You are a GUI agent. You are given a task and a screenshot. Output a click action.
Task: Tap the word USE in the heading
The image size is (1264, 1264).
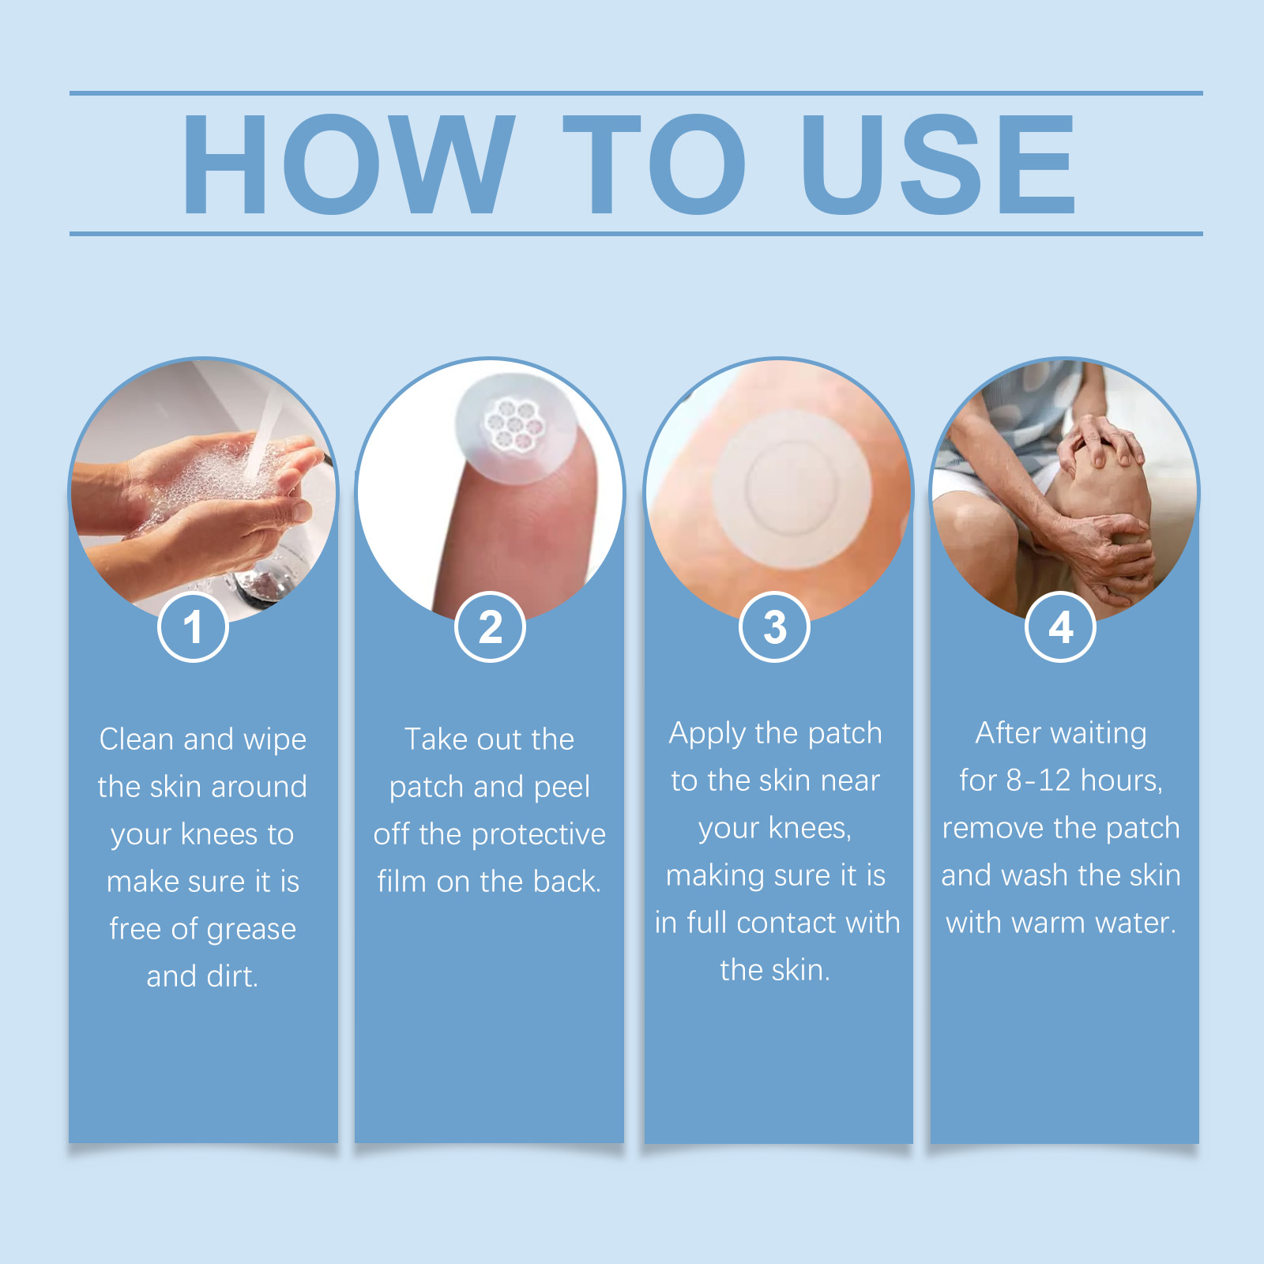tap(938, 164)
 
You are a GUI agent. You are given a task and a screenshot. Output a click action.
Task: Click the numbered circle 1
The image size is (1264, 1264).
tap(194, 627)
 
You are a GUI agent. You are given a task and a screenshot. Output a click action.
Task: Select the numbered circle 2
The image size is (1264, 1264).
tap(491, 627)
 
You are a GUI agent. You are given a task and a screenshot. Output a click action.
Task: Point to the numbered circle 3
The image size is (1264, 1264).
tap(775, 627)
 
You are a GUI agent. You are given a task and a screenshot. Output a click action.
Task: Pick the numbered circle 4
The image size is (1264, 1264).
tap(1061, 627)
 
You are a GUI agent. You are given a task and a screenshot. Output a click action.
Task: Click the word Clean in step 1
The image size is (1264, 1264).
tap(137, 739)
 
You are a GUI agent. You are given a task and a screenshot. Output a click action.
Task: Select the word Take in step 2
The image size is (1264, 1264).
tap(434, 739)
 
